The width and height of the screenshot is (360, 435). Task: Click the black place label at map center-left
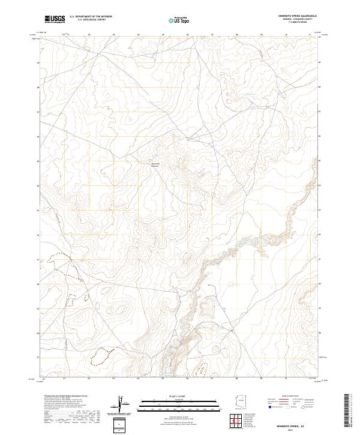pos(155,164)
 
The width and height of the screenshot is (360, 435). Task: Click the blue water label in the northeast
pos(248,94)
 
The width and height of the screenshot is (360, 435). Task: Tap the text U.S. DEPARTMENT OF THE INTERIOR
pos(91,16)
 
